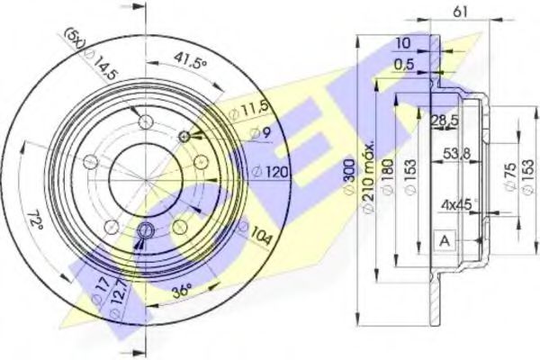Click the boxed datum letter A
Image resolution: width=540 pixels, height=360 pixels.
tap(444, 240)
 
